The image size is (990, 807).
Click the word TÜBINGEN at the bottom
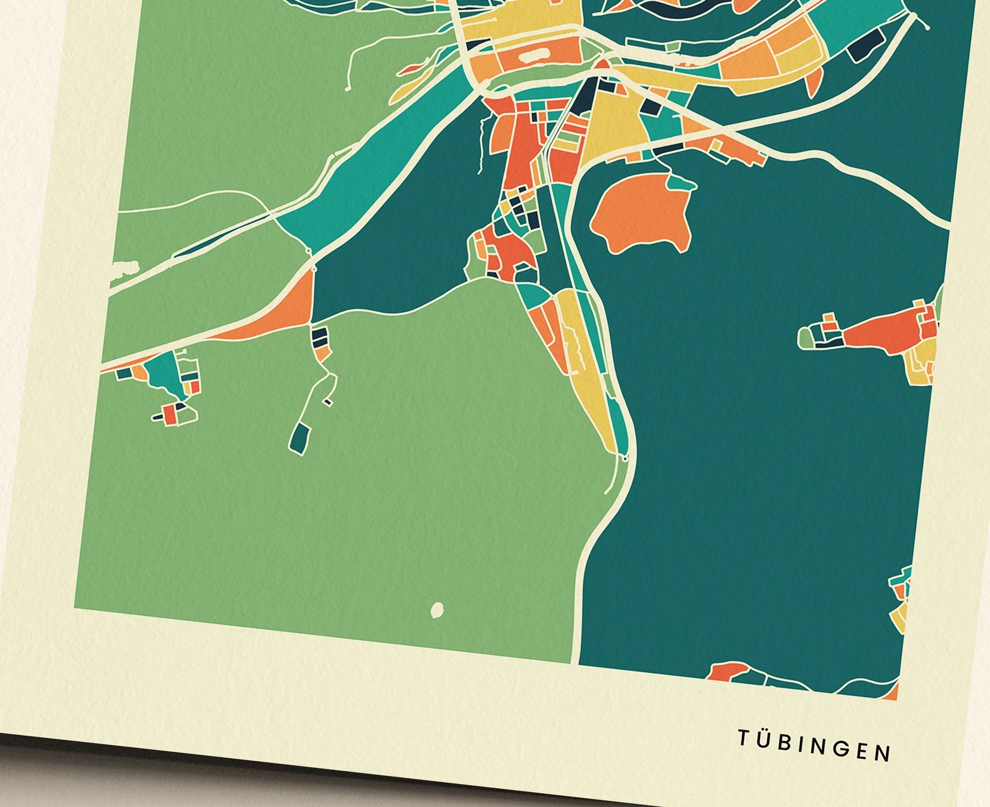[814, 752]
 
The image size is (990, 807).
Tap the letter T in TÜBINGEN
[743, 748]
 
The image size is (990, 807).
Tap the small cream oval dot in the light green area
[437, 609]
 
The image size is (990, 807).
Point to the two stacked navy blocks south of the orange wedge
[320, 337]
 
